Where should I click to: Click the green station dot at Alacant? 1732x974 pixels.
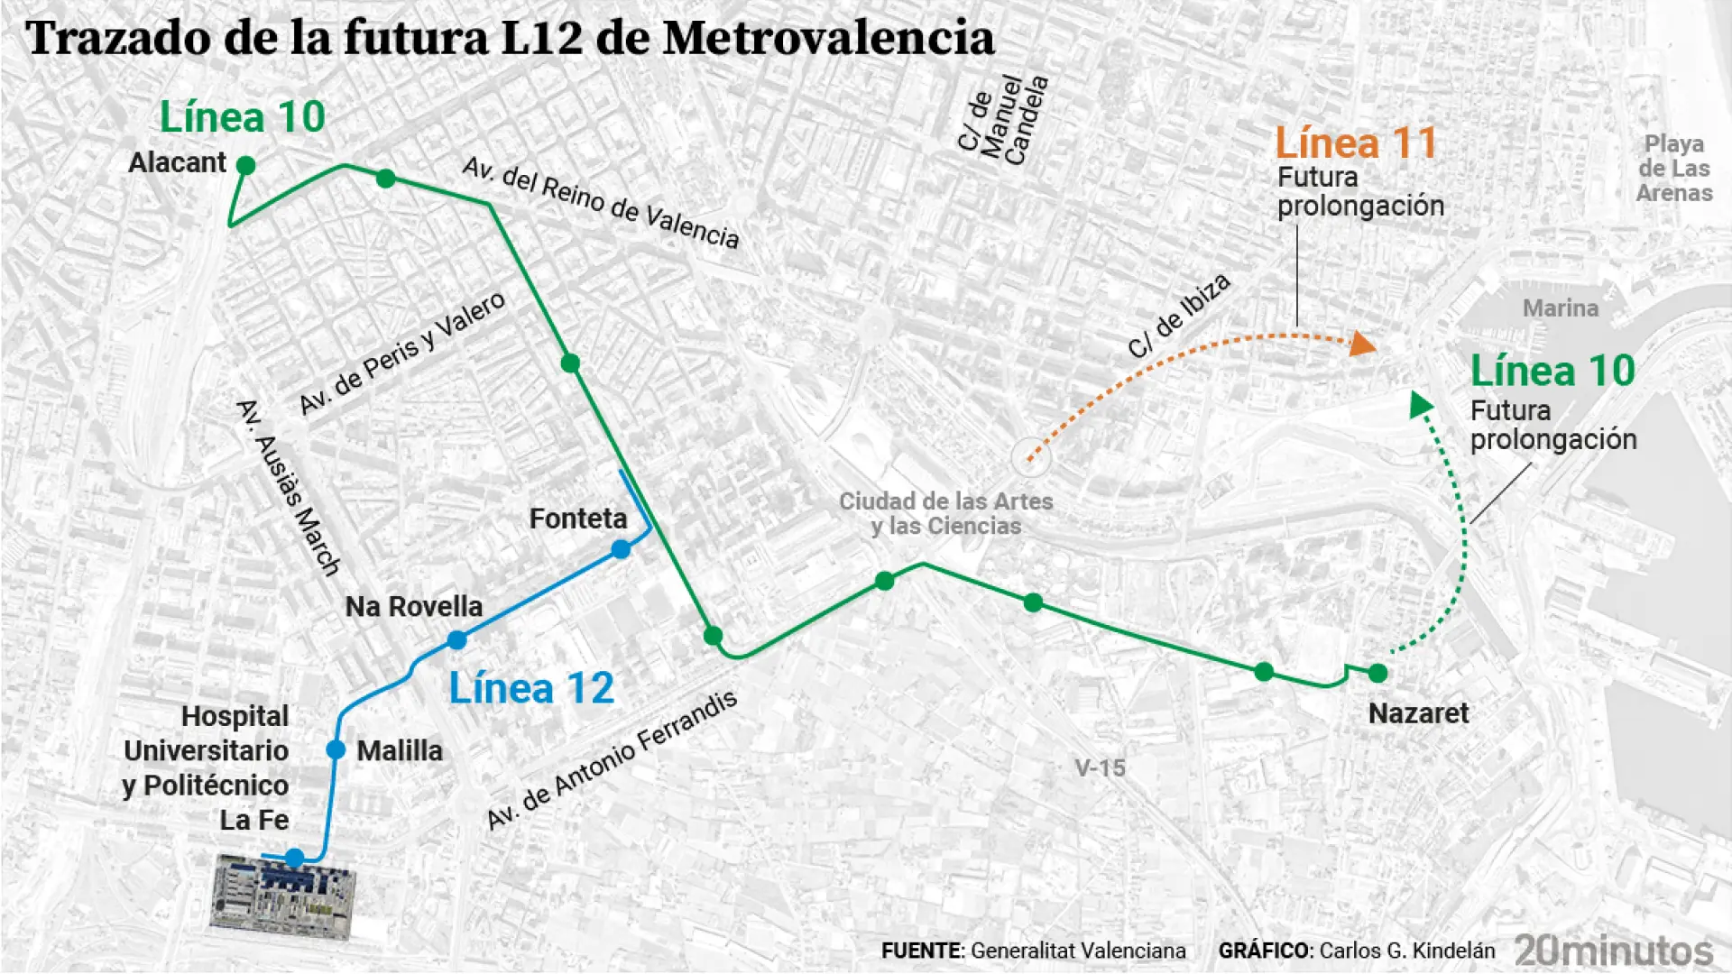[x=245, y=165]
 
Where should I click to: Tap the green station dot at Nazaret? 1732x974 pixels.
[x=1377, y=673]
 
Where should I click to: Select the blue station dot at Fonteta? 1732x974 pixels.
[x=621, y=549]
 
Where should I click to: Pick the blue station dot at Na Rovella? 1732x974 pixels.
[x=457, y=640]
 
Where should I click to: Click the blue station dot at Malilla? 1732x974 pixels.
[x=336, y=749]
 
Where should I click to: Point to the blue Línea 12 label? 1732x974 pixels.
[x=531, y=689]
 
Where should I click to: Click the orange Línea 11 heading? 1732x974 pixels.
[x=1355, y=144]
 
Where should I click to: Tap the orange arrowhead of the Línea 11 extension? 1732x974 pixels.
[x=1363, y=344]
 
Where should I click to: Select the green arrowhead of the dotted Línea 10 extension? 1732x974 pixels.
[x=1421, y=403]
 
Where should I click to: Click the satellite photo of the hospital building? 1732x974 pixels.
[x=281, y=896]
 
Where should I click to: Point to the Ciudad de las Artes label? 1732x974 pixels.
[x=945, y=513]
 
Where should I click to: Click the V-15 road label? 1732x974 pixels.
[x=1100, y=768]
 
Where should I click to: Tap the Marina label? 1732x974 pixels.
[x=1560, y=308]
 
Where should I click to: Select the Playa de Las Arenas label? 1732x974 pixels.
[x=1673, y=169]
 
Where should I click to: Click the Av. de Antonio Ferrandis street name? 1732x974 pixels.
[x=612, y=759]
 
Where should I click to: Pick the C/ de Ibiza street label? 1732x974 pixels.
[x=1179, y=317]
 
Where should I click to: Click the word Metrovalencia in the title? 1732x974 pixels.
[x=827, y=39]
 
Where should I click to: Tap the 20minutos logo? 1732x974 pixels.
[x=1613, y=951]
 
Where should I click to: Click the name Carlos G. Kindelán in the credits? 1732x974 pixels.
[x=1406, y=951]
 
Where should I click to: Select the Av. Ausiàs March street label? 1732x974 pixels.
[x=288, y=487]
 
